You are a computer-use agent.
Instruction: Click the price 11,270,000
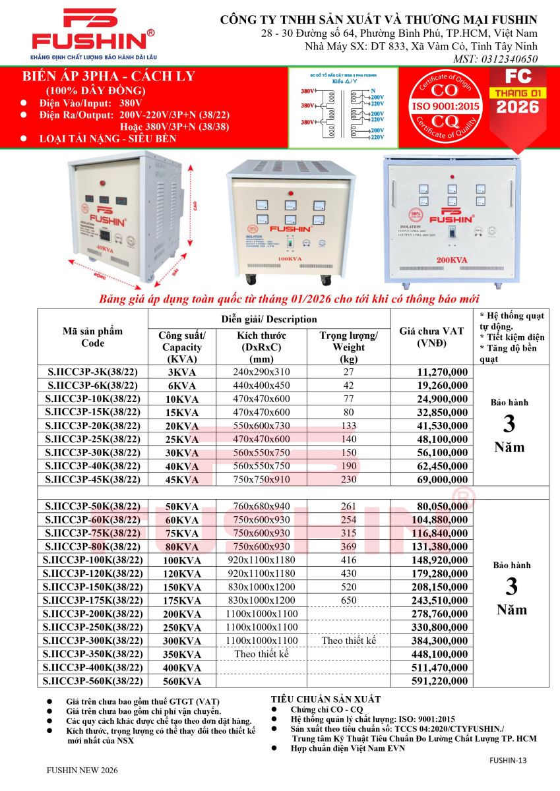click(x=438, y=372)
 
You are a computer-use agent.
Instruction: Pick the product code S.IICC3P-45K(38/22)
click(x=93, y=480)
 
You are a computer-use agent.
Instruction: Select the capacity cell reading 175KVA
click(x=182, y=601)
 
